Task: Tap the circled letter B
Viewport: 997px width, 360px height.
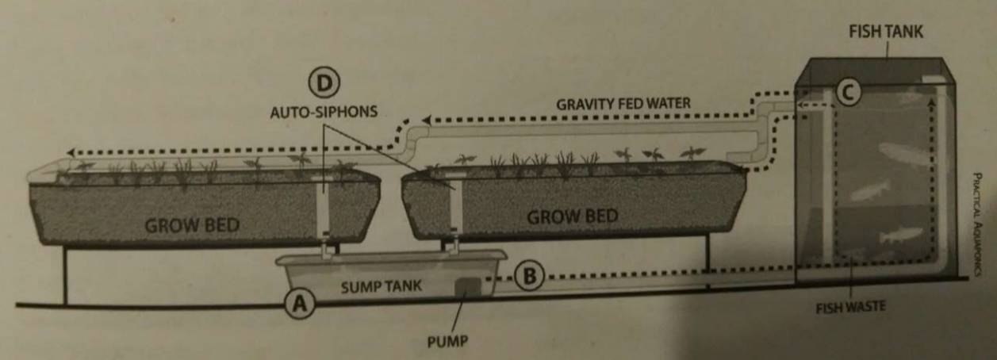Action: pyautogui.click(x=529, y=276)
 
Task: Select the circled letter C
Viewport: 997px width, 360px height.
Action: pyautogui.click(x=848, y=93)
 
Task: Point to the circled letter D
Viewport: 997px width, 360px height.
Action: pyautogui.click(x=324, y=82)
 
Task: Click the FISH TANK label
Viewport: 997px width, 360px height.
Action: pyautogui.click(x=886, y=32)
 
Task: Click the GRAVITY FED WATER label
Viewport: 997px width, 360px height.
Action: pyautogui.click(x=623, y=103)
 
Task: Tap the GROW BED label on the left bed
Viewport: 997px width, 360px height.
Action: pyautogui.click(x=191, y=224)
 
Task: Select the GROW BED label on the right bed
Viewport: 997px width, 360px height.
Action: pyautogui.click(x=573, y=216)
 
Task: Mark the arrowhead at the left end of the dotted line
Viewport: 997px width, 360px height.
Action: pyautogui.click(x=71, y=152)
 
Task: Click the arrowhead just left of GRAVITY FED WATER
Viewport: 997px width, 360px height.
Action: pyautogui.click(x=426, y=120)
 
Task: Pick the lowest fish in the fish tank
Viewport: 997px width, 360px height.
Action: pyautogui.click(x=900, y=235)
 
